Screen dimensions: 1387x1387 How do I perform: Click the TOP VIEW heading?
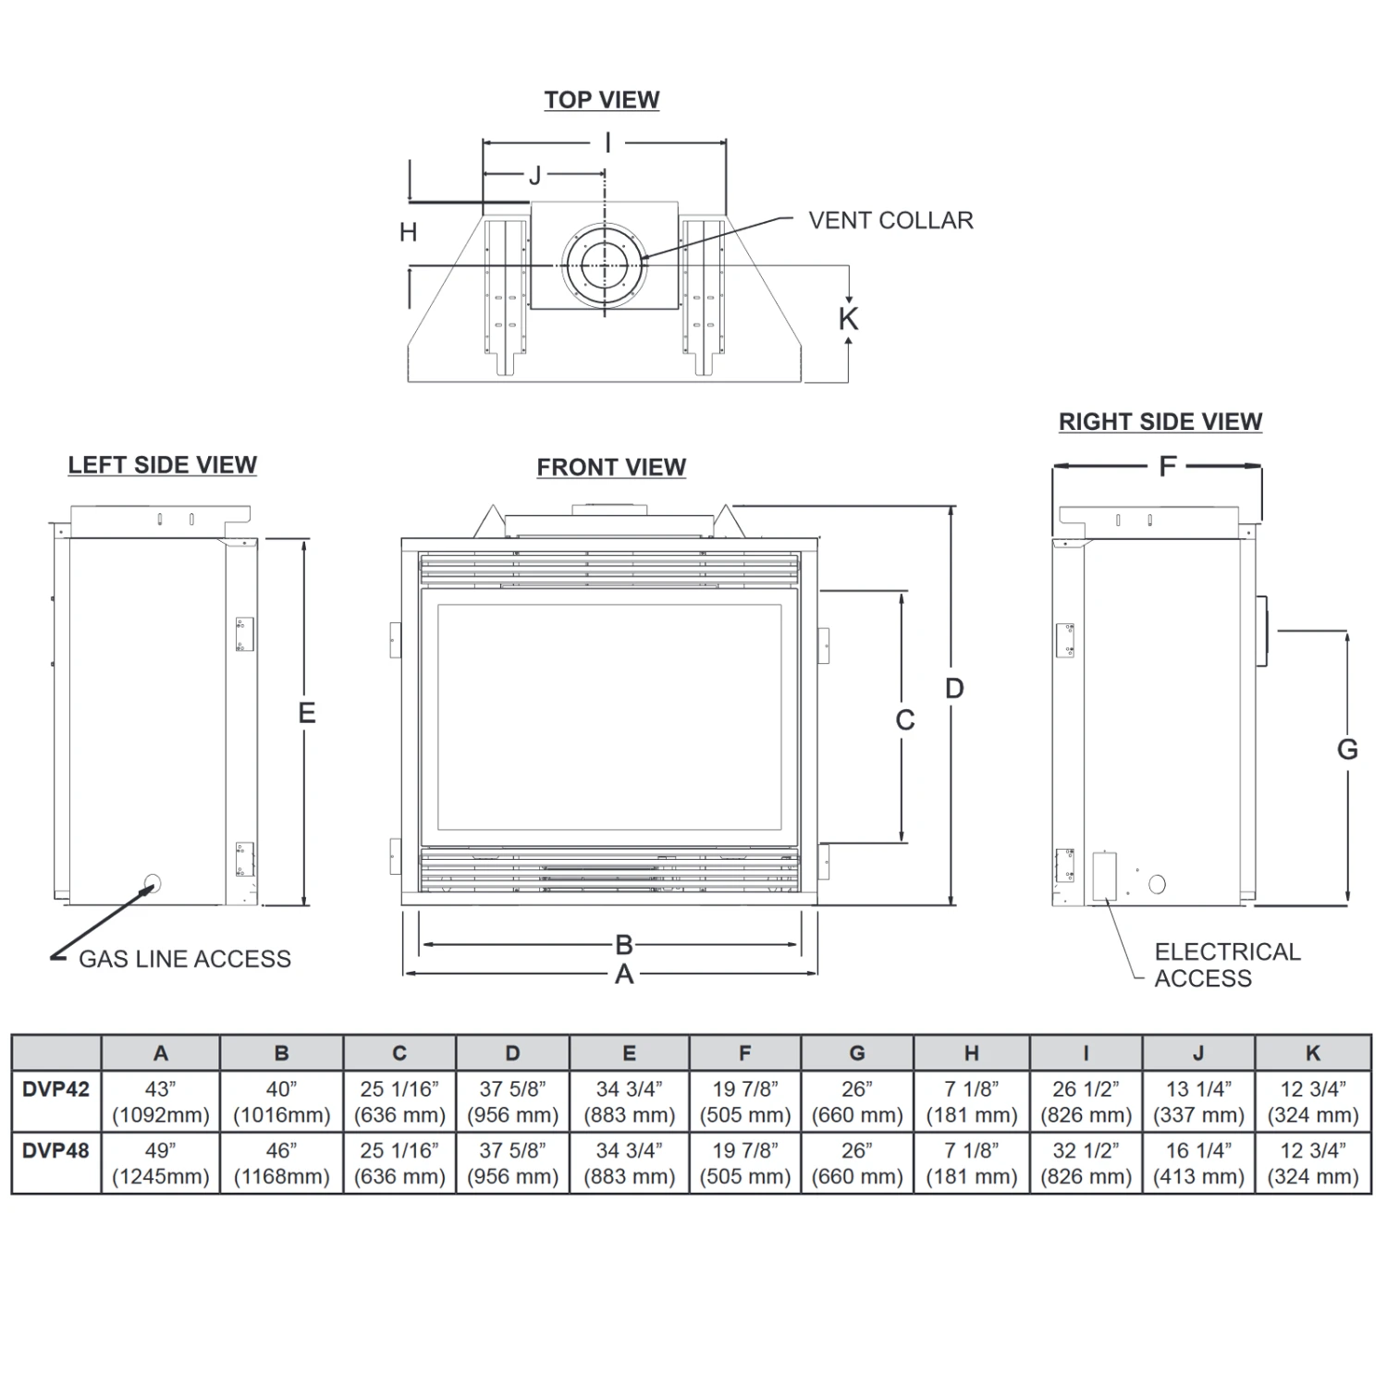tap(601, 100)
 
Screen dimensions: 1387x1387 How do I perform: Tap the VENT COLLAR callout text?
tap(890, 221)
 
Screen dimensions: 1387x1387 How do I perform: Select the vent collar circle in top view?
tap(605, 265)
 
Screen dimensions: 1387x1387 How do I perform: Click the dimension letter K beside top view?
tap(848, 319)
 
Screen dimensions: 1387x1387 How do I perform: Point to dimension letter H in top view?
tap(408, 232)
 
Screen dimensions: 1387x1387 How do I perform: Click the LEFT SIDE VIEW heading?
tap(162, 465)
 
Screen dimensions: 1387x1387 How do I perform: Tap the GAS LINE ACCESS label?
tap(184, 959)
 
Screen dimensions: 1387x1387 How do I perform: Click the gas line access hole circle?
tap(153, 883)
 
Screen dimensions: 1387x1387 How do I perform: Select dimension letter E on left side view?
tap(306, 713)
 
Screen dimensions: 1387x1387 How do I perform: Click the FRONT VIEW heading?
tap(611, 468)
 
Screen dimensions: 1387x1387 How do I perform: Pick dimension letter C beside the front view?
tap(905, 719)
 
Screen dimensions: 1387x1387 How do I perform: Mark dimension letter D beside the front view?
tap(954, 688)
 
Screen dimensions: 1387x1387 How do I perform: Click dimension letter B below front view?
tap(624, 945)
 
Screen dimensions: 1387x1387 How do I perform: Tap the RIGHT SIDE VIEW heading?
tap(1160, 422)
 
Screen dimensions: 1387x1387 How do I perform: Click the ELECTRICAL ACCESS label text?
tap(1226, 964)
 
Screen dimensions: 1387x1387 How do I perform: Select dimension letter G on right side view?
tap(1347, 749)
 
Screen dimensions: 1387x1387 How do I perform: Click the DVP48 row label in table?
tap(55, 1151)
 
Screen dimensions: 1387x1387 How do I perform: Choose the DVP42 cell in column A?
tap(160, 1101)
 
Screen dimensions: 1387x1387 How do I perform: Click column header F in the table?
tap(744, 1053)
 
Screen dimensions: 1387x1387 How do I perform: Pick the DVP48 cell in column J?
tap(1198, 1163)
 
